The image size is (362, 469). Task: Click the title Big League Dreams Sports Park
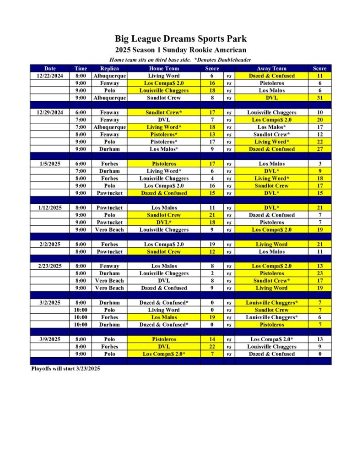point(181,39)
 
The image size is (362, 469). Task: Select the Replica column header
point(109,68)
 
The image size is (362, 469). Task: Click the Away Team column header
point(271,68)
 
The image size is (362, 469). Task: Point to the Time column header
point(81,68)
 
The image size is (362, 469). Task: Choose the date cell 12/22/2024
point(50,76)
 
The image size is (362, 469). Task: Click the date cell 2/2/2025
point(50,244)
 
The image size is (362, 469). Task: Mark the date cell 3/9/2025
point(50,339)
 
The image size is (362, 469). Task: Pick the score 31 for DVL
point(319,98)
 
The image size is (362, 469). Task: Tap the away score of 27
point(319,149)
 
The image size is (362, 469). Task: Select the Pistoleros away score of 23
point(319,273)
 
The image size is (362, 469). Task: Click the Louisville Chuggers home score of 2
point(212,273)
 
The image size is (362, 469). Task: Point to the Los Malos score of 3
point(319,164)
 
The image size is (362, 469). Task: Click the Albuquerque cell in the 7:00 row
point(109,127)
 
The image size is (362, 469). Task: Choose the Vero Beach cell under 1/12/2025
point(109,229)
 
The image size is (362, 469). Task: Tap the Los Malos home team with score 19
point(164,317)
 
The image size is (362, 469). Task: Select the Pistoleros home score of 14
point(212,339)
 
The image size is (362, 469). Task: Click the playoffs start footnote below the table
point(65,368)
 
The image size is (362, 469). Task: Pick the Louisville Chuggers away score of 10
point(319,112)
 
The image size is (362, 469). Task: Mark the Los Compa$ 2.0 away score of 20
point(319,120)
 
